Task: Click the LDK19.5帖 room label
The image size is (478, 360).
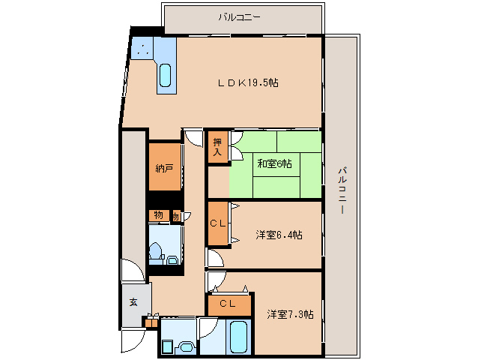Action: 248,82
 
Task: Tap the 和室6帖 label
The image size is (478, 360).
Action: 275,163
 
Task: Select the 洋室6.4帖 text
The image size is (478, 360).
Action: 279,235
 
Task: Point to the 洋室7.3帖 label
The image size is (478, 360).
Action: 290,314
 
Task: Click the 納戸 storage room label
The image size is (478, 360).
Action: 164,168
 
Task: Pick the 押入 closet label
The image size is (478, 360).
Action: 217,147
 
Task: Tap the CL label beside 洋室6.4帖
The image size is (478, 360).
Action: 218,223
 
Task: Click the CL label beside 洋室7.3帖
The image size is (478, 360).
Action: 228,304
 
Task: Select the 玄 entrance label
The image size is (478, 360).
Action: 133,302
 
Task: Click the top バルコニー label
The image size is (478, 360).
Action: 239,17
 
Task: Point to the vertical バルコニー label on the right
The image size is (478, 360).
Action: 342,190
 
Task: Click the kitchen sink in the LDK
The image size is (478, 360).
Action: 166,75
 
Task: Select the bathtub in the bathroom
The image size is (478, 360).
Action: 238,337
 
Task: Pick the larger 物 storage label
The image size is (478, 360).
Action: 158,215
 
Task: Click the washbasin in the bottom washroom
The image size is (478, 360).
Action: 187,346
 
